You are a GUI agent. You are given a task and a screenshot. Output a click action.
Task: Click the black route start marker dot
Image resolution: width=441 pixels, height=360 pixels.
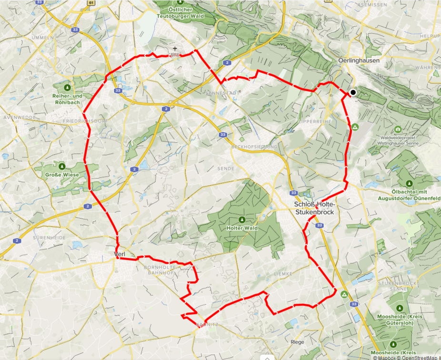(353, 92)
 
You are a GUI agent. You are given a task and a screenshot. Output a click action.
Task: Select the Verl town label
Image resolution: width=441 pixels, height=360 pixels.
(120, 255)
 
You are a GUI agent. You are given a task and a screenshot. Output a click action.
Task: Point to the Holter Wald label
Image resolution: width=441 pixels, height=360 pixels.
(242, 228)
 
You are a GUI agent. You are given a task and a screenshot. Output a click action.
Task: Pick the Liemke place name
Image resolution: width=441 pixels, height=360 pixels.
(282, 274)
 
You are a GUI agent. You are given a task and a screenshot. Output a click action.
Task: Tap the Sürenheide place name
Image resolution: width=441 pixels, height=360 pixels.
(49, 237)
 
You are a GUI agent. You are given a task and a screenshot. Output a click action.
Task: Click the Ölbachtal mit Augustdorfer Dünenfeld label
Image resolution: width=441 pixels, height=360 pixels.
(409, 193)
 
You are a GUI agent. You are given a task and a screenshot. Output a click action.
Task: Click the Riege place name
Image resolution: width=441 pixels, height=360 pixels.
(297, 342)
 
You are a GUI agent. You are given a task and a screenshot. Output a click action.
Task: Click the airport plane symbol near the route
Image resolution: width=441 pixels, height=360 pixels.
(175, 49)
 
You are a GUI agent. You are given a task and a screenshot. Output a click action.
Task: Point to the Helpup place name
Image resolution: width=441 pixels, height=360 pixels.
(429, 36)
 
